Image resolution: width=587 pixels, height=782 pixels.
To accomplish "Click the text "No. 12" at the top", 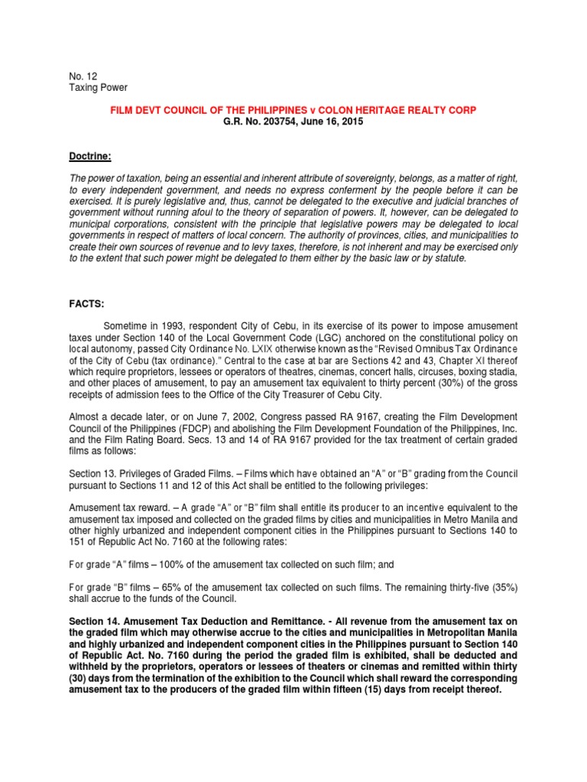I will coord(83,76).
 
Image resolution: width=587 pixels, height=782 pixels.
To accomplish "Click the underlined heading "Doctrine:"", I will coord(89,157).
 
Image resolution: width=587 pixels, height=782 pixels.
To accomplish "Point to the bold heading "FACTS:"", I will coord(86,304).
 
